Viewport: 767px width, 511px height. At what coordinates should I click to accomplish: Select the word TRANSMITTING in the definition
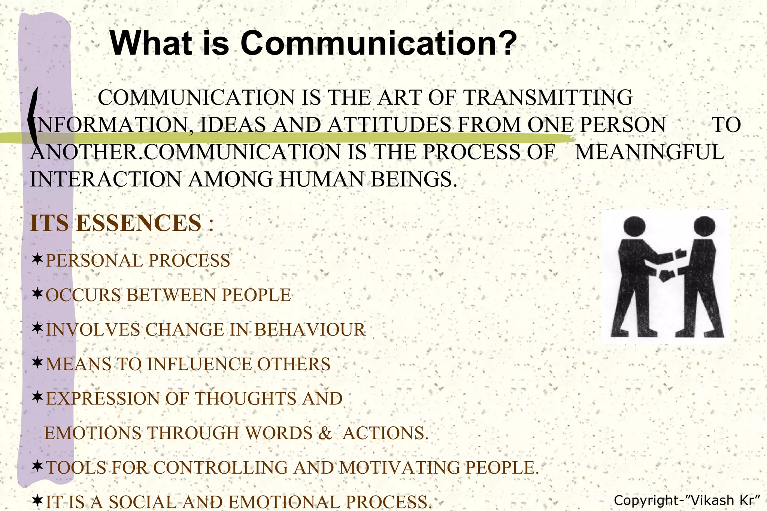(x=548, y=98)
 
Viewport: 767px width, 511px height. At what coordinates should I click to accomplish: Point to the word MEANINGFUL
(x=649, y=152)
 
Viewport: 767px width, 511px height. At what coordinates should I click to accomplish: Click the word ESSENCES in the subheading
(x=139, y=223)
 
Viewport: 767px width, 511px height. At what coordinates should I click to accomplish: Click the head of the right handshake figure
(x=704, y=226)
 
